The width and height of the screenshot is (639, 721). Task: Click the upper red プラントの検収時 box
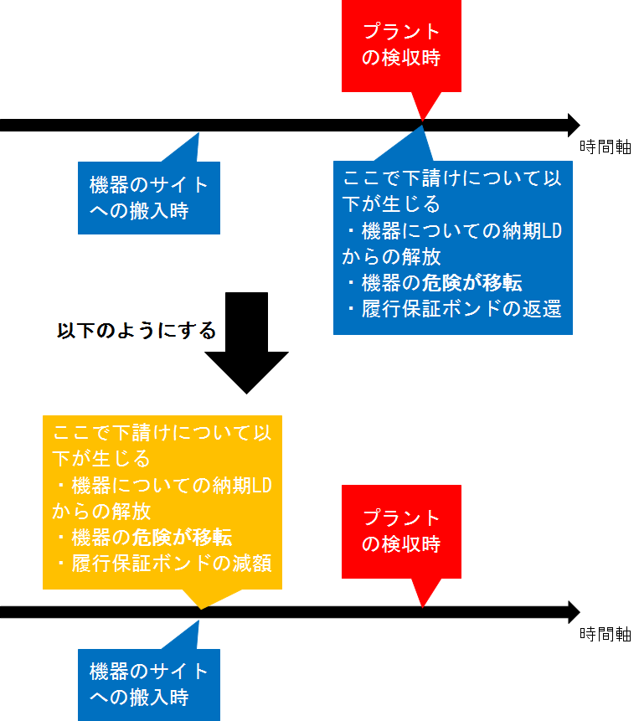(x=401, y=46)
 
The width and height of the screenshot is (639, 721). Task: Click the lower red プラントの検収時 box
(x=401, y=531)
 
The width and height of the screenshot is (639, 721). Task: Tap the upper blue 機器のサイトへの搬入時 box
(x=149, y=198)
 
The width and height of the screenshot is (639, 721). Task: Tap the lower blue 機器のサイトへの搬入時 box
(x=149, y=684)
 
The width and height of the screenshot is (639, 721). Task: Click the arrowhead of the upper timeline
(x=573, y=125)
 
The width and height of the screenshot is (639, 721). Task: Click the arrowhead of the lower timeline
(x=573, y=611)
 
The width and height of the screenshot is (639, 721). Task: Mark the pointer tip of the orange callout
(x=200, y=609)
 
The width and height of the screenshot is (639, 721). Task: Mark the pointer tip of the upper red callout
(x=422, y=122)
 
